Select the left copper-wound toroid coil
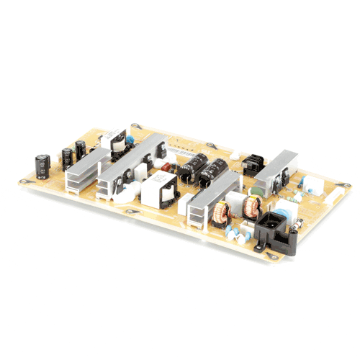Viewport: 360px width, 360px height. click(x=222, y=211)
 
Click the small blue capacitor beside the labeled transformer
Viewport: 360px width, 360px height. click(x=132, y=134)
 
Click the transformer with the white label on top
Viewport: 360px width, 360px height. click(x=114, y=141)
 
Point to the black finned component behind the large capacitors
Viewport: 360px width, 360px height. click(x=251, y=164)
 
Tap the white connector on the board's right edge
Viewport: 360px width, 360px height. click(x=315, y=184)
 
